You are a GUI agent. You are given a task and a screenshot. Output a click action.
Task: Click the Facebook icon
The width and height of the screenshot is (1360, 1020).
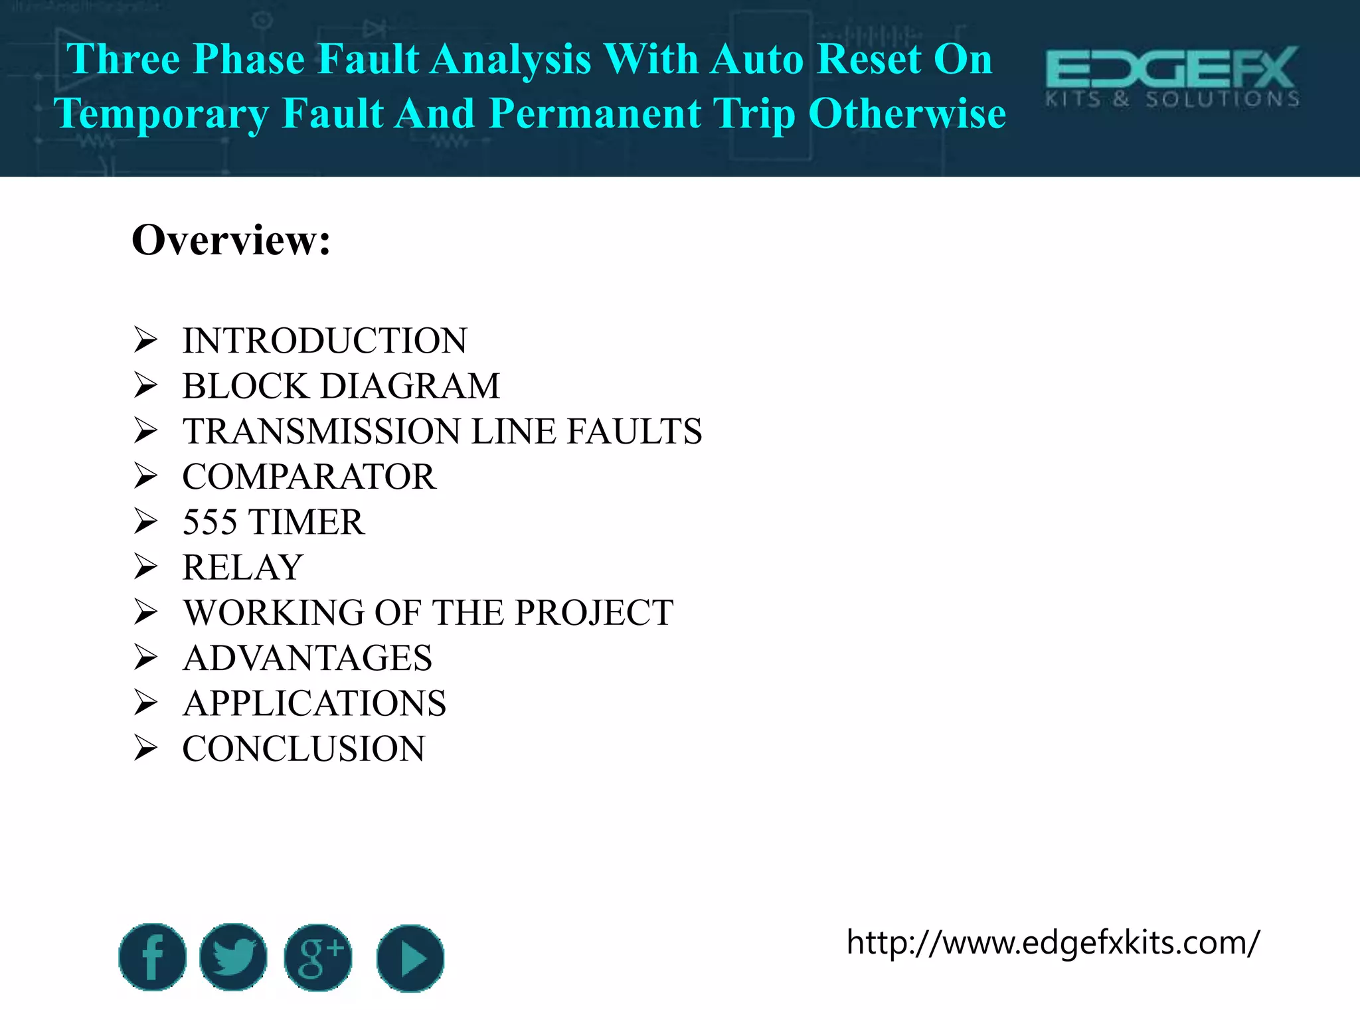pyautogui.click(x=152, y=957)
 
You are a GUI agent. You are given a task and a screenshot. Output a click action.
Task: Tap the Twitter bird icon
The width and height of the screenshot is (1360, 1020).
pyautogui.click(x=233, y=957)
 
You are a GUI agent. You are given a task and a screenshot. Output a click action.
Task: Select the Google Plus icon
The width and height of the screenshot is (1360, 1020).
pyautogui.click(x=318, y=957)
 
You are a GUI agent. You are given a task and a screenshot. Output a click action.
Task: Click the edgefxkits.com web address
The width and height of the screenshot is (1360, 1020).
pyautogui.click(x=1053, y=942)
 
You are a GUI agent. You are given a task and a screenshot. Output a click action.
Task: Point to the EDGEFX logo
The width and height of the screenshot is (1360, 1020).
pyautogui.click(x=1172, y=77)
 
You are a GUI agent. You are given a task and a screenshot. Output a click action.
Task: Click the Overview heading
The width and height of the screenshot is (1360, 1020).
pyautogui.click(x=231, y=240)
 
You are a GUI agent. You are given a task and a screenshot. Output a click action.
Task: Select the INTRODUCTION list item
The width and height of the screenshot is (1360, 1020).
pyautogui.click(x=325, y=341)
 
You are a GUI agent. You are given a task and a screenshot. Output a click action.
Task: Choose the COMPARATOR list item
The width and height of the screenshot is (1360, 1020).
pyautogui.click(x=309, y=477)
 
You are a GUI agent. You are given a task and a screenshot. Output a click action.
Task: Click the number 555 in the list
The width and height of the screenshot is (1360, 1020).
pyautogui.click(x=210, y=522)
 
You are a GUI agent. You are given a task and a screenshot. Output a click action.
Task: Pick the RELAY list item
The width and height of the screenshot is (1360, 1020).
pyautogui.click(x=243, y=567)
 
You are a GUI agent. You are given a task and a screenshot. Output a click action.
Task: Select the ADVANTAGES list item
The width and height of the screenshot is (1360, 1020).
pyautogui.click(x=307, y=658)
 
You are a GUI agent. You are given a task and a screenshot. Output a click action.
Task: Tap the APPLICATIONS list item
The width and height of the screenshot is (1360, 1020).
pyautogui.click(x=314, y=703)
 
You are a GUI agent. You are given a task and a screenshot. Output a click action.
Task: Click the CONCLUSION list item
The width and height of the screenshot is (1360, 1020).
pyautogui.click(x=303, y=748)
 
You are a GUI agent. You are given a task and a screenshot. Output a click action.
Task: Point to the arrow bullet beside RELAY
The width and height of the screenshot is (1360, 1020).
pyautogui.click(x=145, y=567)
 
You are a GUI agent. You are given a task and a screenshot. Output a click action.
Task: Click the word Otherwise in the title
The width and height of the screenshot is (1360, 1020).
pyautogui.click(x=907, y=114)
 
